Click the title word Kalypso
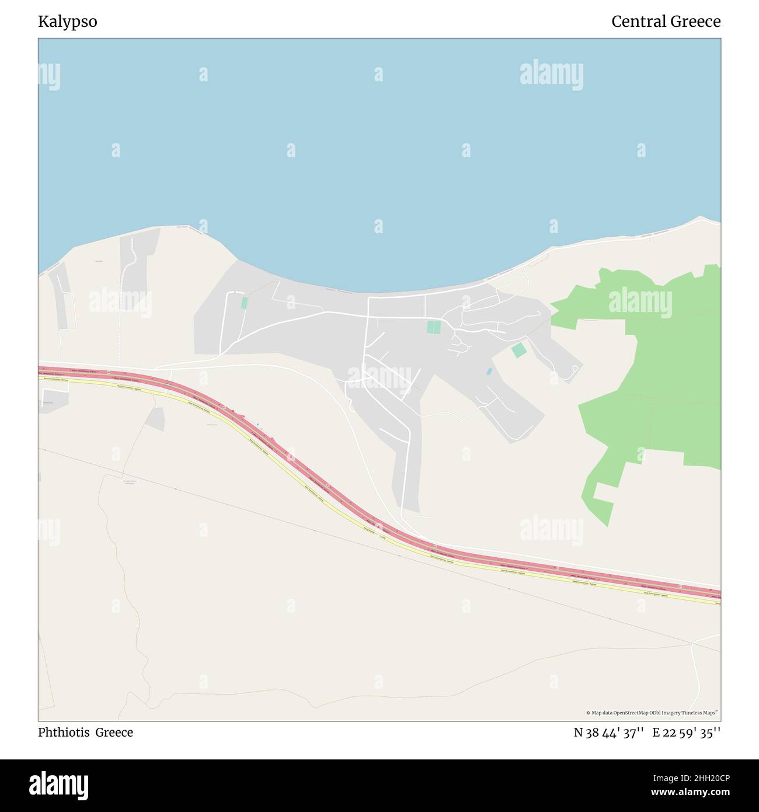(x=68, y=22)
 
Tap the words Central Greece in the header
(x=666, y=22)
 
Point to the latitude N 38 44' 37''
(x=609, y=733)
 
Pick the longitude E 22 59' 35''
(x=687, y=733)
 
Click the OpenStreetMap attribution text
(x=652, y=713)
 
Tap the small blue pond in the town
(x=489, y=372)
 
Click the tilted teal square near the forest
(x=518, y=351)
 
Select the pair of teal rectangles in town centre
(x=434, y=327)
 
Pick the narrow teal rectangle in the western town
(x=244, y=303)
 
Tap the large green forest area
(x=671, y=362)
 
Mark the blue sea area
(x=379, y=146)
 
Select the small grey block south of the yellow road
(x=156, y=419)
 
